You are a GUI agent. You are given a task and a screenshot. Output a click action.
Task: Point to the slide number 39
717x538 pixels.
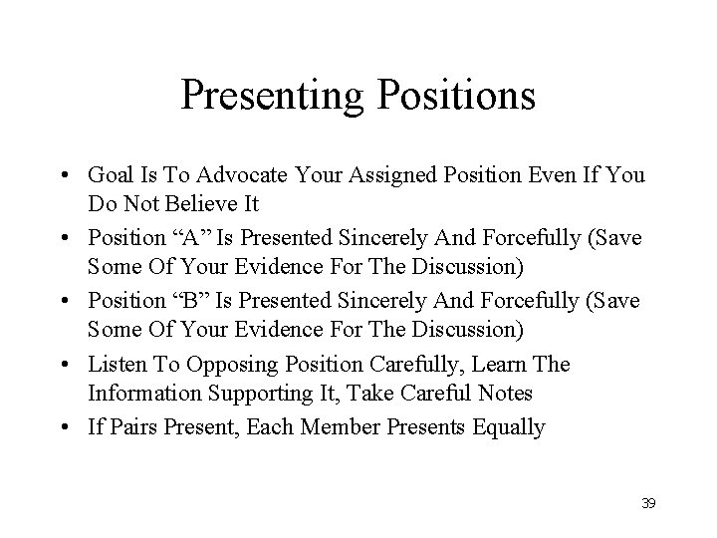648,504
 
